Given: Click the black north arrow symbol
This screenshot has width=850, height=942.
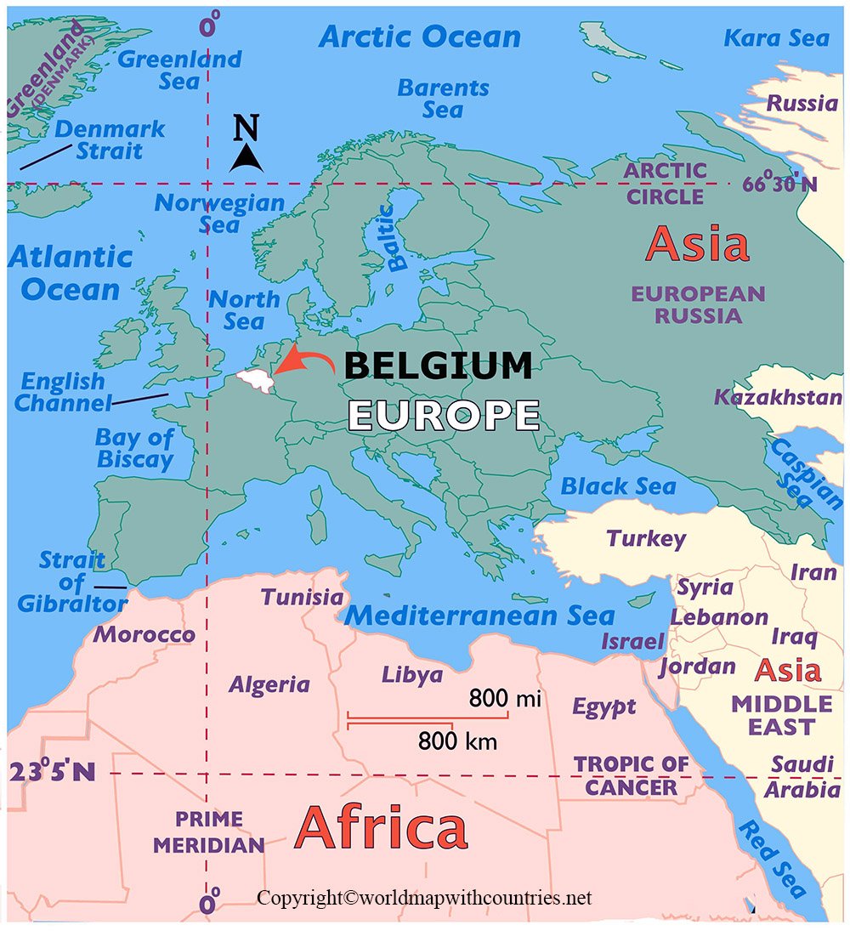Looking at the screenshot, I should (x=246, y=157).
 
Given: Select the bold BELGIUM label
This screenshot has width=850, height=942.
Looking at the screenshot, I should (x=438, y=366).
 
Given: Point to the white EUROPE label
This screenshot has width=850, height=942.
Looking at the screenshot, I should (x=444, y=415).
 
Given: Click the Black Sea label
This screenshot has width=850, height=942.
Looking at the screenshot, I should (x=618, y=486).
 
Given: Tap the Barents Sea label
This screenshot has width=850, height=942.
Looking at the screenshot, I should (x=443, y=99).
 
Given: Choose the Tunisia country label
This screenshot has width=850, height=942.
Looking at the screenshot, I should (x=302, y=597).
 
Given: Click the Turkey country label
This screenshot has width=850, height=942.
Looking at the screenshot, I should (x=645, y=538).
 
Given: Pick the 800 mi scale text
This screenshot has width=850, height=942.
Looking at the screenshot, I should (x=505, y=699).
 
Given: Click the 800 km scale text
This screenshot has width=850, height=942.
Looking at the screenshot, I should (x=457, y=741).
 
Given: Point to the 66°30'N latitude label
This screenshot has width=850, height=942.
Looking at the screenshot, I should (x=777, y=183).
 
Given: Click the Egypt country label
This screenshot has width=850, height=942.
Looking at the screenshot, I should (x=603, y=706).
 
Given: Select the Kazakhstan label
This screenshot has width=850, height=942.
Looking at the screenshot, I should (x=777, y=397).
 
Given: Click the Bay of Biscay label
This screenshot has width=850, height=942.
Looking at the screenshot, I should (x=134, y=449).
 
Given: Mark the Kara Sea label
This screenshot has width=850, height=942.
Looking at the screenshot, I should (x=775, y=38).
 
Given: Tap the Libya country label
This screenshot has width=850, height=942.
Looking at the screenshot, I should (x=411, y=675).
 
